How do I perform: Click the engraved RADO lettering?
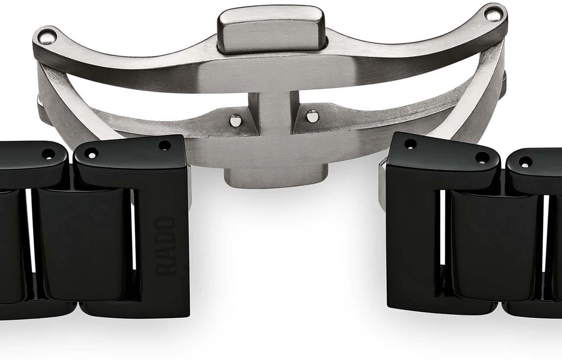click(165, 247)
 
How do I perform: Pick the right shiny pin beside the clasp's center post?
click(313, 116)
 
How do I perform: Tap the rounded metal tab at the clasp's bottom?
click(276, 176)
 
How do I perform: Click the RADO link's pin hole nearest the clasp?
click(165, 146)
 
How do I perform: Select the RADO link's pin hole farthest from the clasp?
click(92, 153)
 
